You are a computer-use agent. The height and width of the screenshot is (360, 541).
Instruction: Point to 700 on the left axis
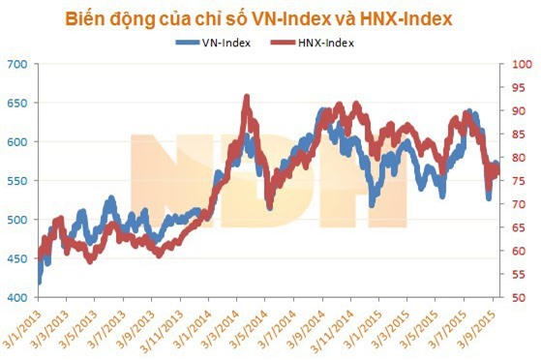[17, 65]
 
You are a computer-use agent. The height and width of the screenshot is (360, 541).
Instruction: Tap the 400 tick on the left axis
[17, 298]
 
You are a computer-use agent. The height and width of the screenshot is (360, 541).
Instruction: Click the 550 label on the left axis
[17, 181]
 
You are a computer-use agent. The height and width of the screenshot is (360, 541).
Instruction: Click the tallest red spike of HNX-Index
[247, 97]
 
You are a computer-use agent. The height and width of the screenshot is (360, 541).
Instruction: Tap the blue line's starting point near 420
[40, 282]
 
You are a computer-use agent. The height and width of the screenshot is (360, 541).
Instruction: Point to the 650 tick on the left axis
[17, 103]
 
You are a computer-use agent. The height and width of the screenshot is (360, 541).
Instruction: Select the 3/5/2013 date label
[81, 328]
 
